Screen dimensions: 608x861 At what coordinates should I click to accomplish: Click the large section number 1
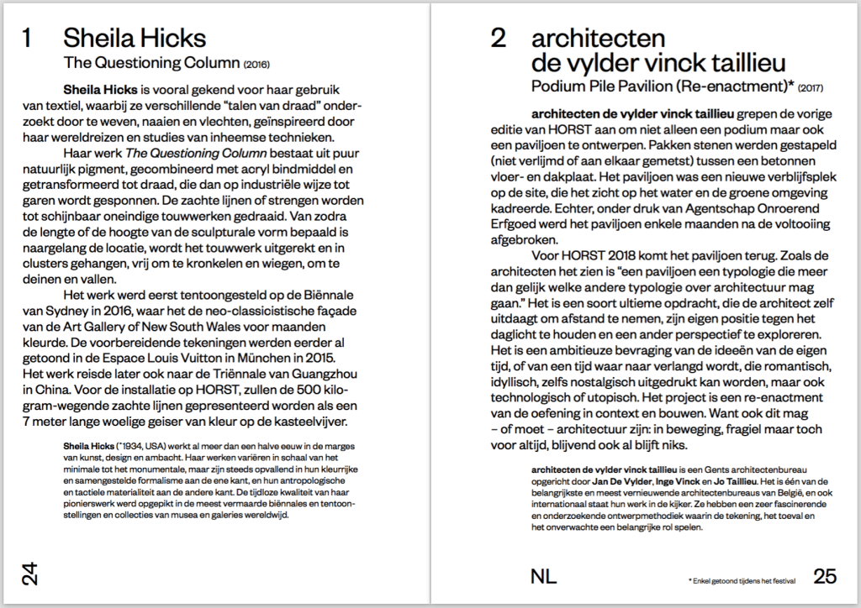28,39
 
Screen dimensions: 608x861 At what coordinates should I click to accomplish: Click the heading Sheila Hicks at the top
135,39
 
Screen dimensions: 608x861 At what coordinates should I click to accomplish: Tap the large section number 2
499,39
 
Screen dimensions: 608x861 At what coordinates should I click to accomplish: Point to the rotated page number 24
29,575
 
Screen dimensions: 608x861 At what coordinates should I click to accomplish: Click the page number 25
825,576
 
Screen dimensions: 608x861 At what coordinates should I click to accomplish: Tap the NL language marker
544,576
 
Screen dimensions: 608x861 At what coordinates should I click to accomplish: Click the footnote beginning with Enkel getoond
739,580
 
